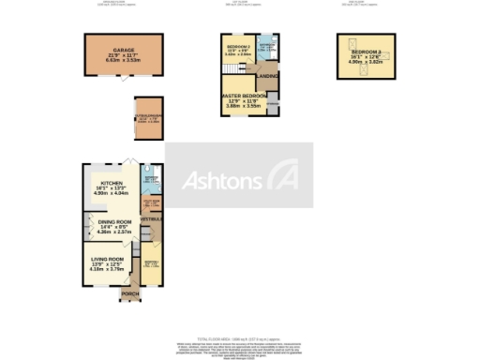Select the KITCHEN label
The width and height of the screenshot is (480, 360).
tap(112, 184)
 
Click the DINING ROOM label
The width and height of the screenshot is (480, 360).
tap(112, 222)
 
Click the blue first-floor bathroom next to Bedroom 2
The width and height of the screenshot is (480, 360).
tap(266, 47)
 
